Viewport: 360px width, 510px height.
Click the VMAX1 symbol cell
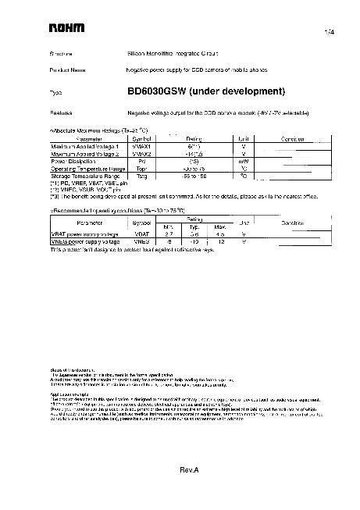point(141,147)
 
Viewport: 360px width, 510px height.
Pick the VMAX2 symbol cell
point(141,154)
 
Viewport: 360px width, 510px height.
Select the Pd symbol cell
point(141,162)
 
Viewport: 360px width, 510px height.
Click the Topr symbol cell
point(141,169)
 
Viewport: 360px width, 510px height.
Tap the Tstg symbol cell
point(141,177)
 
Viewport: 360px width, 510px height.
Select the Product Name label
point(67,70)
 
